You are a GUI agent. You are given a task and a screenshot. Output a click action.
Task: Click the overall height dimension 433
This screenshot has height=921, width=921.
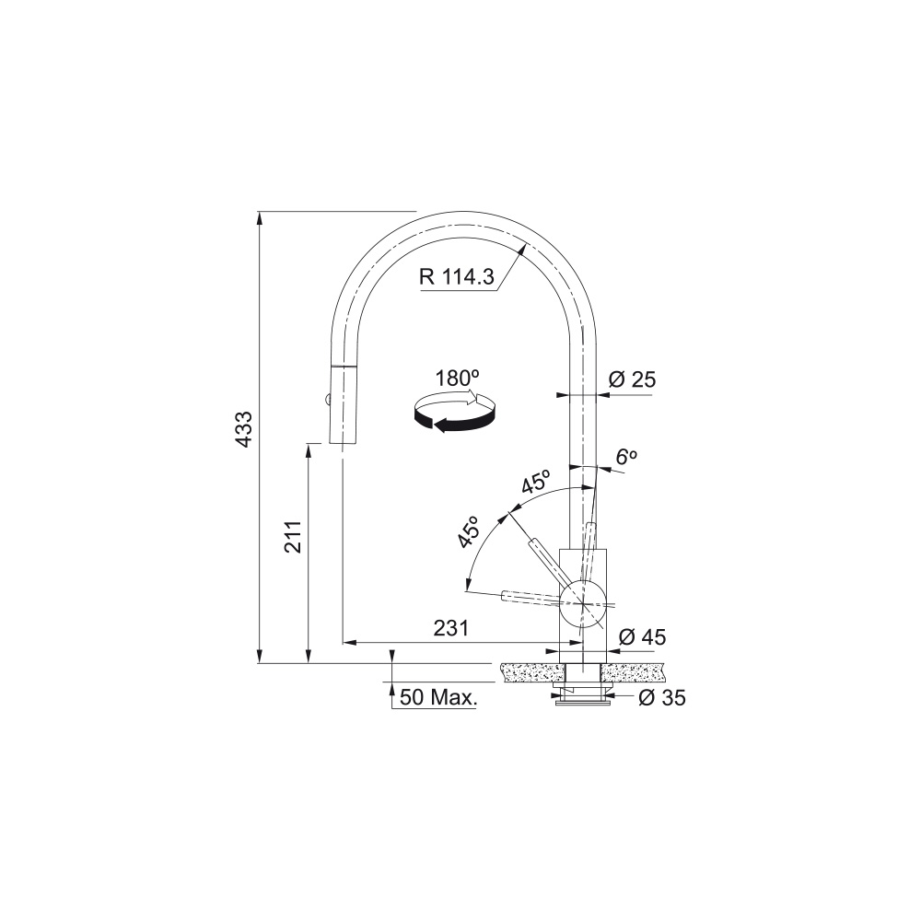click(x=243, y=429)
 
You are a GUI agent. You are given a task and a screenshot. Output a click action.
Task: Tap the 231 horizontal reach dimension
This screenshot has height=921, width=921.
click(x=451, y=628)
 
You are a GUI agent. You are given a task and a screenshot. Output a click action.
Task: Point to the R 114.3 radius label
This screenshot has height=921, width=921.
click(x=457, y=275)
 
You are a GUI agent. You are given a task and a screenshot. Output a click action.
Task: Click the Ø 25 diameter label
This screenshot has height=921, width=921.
click(x=632, y=379)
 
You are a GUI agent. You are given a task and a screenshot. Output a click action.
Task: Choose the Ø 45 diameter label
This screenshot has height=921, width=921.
click(x=643, y=636)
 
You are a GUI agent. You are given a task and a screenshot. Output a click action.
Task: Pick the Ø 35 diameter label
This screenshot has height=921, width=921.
click(x=662, y=698)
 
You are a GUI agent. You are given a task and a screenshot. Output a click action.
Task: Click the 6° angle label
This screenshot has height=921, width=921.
click(x=626, y=457)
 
